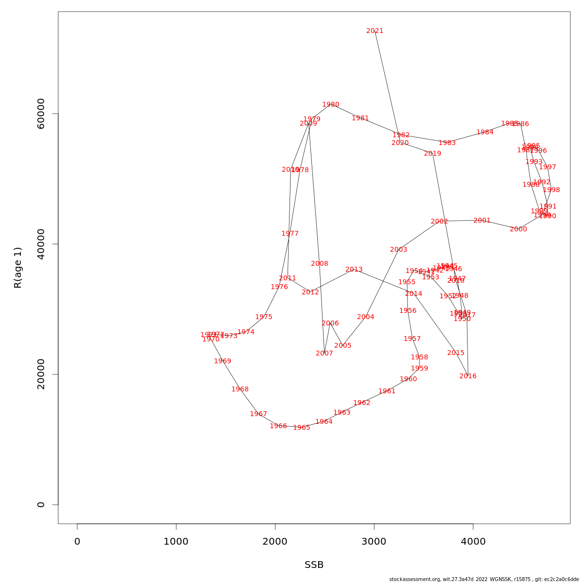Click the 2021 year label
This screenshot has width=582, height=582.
pos(375,31)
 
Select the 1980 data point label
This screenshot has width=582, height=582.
pos(331,105)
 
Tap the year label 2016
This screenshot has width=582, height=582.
pos(468,376)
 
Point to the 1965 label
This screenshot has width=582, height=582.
pos(302,428)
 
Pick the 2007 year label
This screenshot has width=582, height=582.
pos(324,354)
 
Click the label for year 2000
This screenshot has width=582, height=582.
pos(518,229)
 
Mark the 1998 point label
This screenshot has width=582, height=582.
pos(551,190)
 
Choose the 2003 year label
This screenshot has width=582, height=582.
pos(399,250)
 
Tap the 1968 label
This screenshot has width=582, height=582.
pos(240,389)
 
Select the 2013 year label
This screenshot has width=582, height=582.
pos(354,270)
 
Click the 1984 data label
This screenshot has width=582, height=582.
pos(485,132)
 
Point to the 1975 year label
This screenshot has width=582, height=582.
pos(264,317)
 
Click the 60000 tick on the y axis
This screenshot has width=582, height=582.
pos(41,113)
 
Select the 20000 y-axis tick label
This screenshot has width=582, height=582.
pos(41,374)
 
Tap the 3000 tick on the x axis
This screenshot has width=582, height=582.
pos(374,542)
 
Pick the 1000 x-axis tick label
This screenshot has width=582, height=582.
pos(176,542)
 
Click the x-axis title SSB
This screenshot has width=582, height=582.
pos(314,565)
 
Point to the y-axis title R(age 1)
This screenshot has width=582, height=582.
pos(18,268)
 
